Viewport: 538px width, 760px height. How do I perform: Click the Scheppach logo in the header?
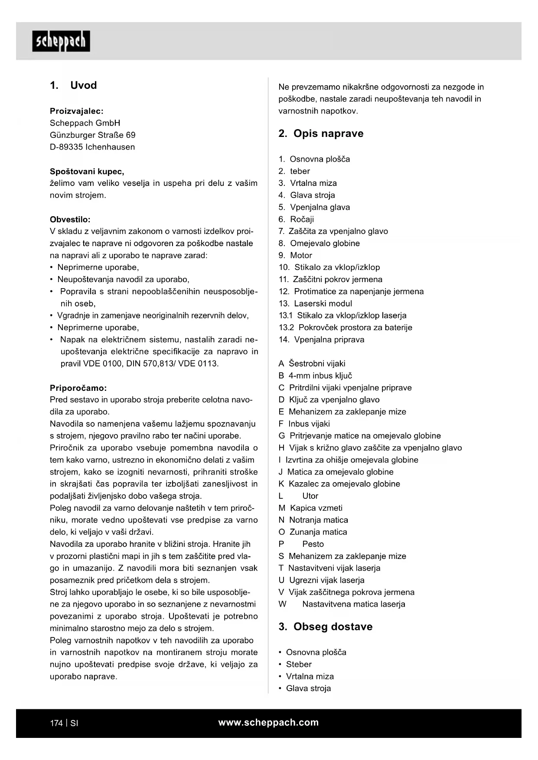point(61,41)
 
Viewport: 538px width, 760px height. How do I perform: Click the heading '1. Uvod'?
point(73,85)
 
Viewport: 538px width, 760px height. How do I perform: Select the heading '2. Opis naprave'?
point(321,133)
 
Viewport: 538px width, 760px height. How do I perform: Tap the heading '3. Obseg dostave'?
point(325,627)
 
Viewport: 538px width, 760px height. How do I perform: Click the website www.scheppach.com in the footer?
point(268,722)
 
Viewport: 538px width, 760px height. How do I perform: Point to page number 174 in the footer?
point(56,723)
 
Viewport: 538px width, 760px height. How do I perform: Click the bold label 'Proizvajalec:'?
point(77,111)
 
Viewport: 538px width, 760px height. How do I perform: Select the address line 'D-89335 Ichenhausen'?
point(92,147)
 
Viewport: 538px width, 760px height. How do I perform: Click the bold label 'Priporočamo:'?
point(78,388)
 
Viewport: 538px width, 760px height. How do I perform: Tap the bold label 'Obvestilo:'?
point(70,219)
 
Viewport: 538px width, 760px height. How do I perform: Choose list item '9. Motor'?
point(295,255)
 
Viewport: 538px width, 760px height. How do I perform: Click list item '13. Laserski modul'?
point(315,303)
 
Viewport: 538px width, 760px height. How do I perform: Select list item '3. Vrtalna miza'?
point(307,183)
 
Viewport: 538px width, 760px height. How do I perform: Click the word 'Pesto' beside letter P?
point(313,544)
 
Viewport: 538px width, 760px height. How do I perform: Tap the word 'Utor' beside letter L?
point(310,496)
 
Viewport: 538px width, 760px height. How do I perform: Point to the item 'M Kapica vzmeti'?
point(310,508)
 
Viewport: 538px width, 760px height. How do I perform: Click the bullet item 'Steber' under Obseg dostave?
point(299,664)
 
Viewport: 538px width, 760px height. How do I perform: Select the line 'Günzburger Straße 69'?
point(93,135)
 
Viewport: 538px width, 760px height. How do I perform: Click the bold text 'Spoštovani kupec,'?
point(87,171)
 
